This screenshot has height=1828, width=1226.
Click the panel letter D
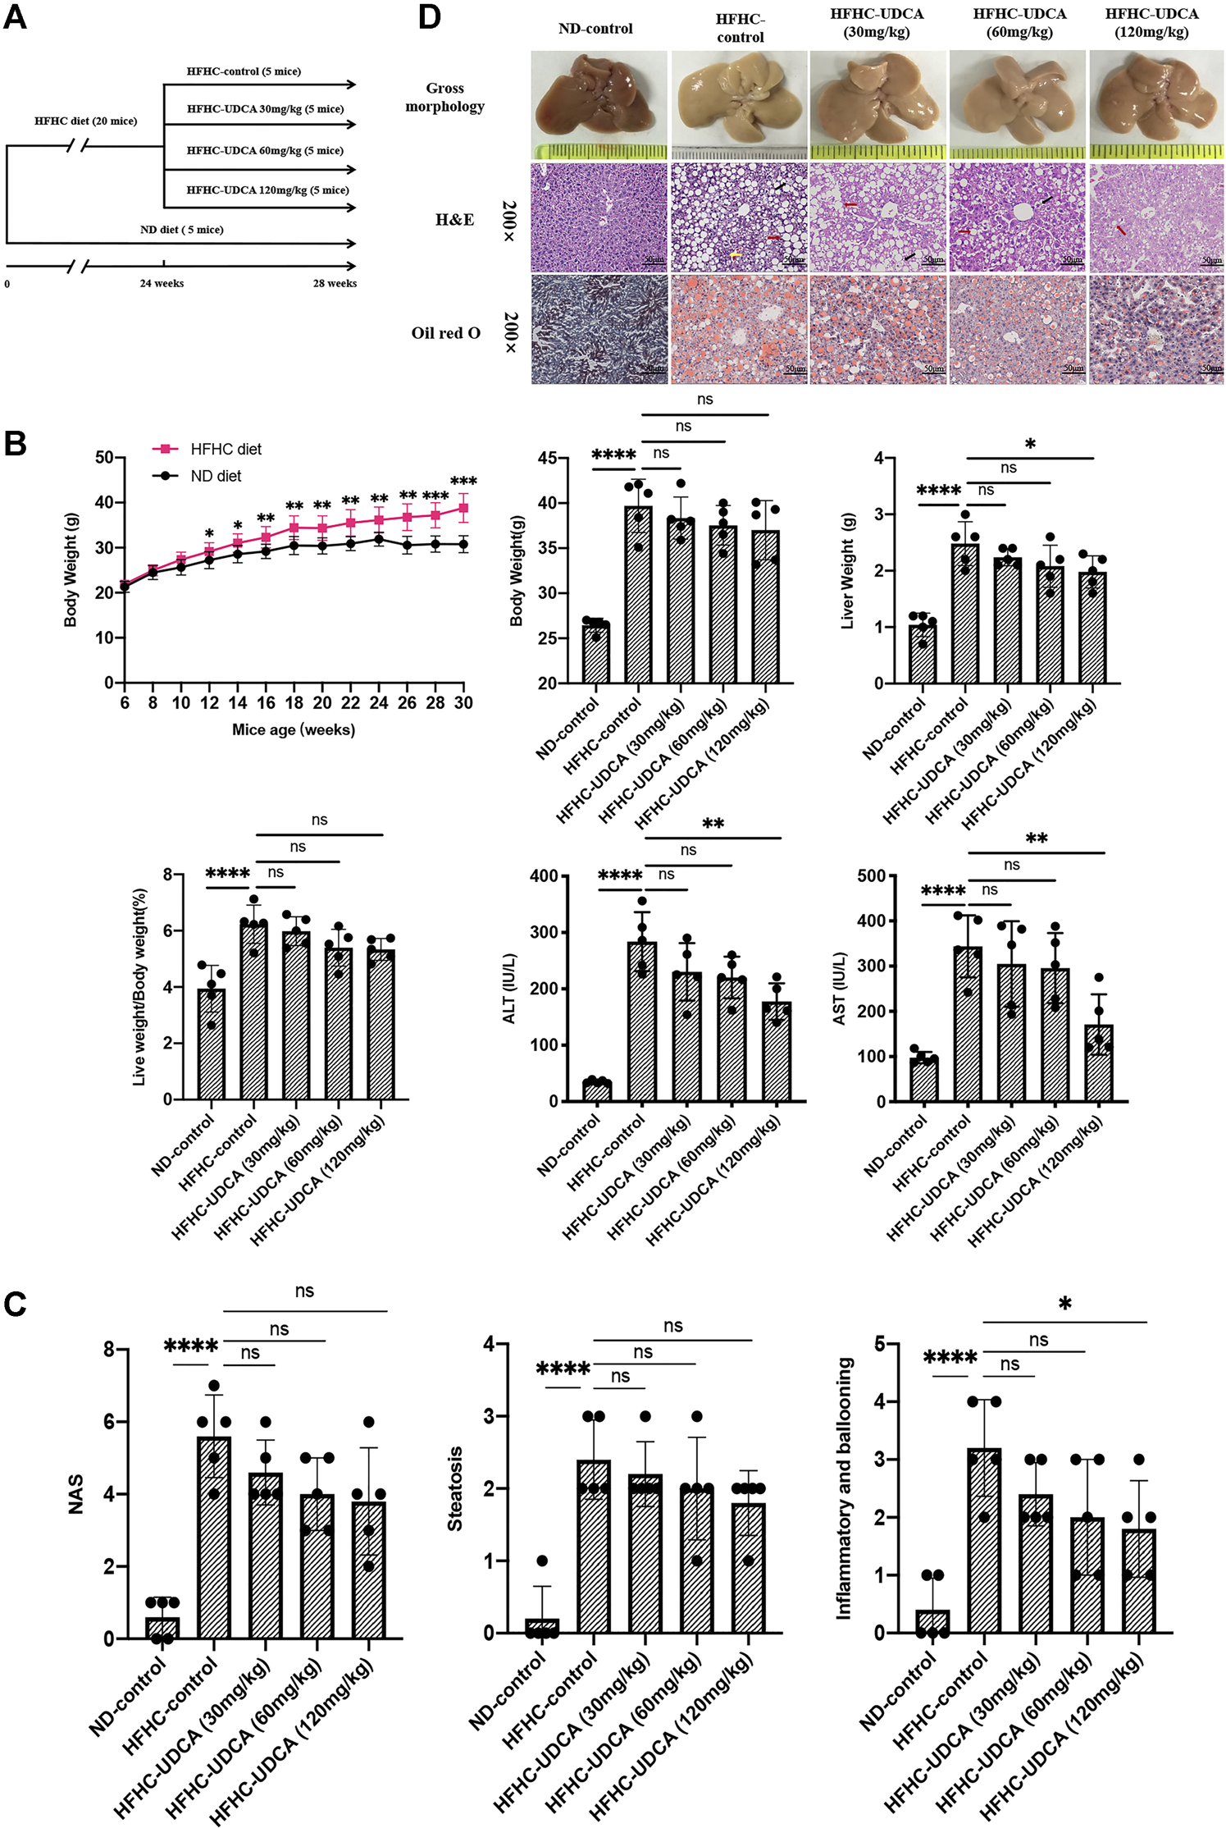pos(429,16)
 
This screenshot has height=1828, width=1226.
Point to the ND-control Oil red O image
pos(599,329)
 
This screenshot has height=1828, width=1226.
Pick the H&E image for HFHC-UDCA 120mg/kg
pos(1155,217)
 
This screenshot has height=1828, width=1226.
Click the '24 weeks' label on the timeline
pos(162,283)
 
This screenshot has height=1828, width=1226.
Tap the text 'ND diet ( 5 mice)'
pos(181,230)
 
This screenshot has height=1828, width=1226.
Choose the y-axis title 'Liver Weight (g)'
pos(848,571)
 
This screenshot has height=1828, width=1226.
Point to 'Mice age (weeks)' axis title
pos(294,729)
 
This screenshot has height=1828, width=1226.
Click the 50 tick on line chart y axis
pos(104,457)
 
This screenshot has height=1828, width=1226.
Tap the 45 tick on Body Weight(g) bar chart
pos(548,458)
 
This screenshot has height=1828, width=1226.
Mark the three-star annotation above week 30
pos(463,482)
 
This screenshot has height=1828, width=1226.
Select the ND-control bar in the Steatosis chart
pos(542,1625)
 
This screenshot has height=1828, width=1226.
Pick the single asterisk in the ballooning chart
pos(1064,1305)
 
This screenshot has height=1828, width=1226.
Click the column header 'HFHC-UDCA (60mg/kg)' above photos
pos(1019,23)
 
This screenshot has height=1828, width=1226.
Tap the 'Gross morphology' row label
pos(444,97)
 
